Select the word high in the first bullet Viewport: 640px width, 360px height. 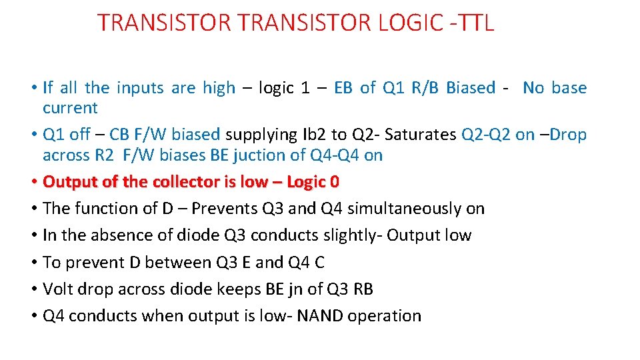219,87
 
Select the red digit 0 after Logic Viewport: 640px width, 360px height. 334,181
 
